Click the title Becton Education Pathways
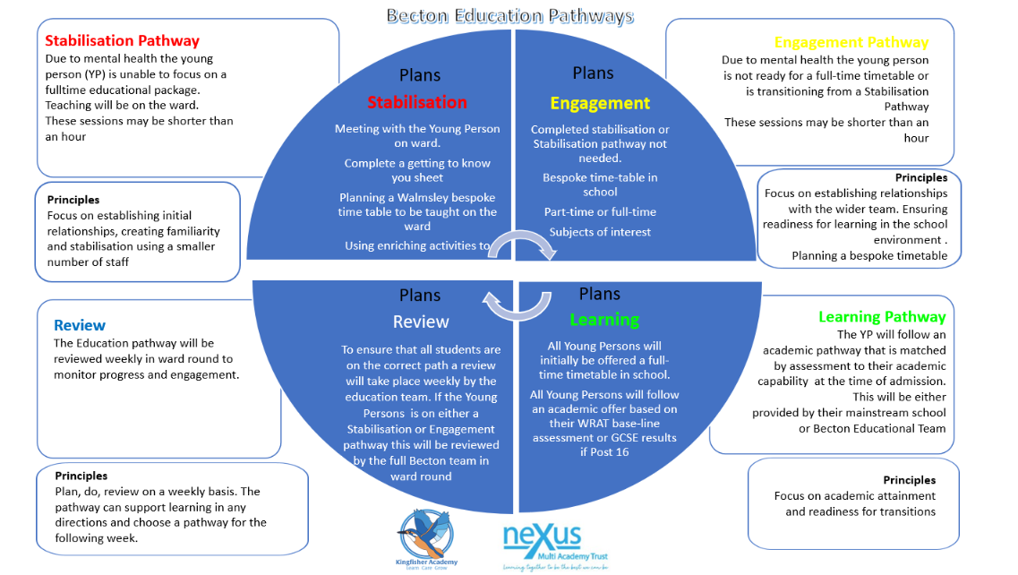coord(509,16)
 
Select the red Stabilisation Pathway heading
coord(122,40)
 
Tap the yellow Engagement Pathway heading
coord(851,42)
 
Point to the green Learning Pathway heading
coord(881,316)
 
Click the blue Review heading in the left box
coord(80,325)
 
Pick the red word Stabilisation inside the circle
coord(417,102)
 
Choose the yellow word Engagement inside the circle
coord(600,103)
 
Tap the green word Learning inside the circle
coord(604,320)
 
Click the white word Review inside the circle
coord(421,322)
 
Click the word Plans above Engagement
coord(593,73)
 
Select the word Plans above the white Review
coord(420,295)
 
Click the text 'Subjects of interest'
coord(600,232)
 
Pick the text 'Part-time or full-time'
coord(600,211)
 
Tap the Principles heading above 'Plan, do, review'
coord(81,476)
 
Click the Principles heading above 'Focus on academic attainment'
coord(909,480)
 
